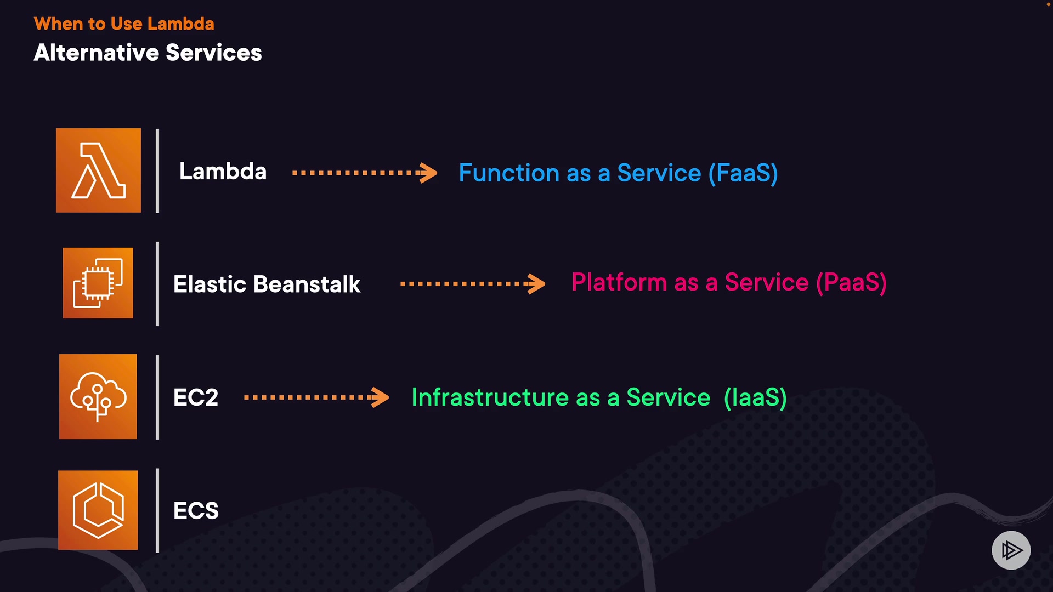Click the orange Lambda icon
pyautogui.click(x=98, y=170)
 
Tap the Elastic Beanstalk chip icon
pyautogui.click(x=98, y=283)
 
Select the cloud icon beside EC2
pyautogui.click(x=98, y=396)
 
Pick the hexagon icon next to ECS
pyautogui.click(x=98, y=510)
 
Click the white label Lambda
pyautogui.click(x=223, y=172)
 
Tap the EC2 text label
pyautogui.click(x=196, y=397)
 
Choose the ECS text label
pyautogui.click(x=196, y=511)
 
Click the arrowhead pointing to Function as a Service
pyautogui.click(x=428, y=173)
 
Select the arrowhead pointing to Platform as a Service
pyautogui.click(x=536, y=283)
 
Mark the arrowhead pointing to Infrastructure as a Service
pyautogui.click(x=380, y=397)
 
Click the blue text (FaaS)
pyautogui.click(x=743, y=173)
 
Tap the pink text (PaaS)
pyautogui.click(x=851, y=283)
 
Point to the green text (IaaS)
pyautogui.click(x=755, y=397)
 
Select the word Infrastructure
pyautogui.click(x=490, y=397)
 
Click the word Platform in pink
pyautogui.click(x=619, y=282)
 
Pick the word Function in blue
pyautogui.click(x=509, y=173)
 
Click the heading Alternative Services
pyautogui.click(x=148, y=53)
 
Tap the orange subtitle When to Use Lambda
pyautogui.click(x=124, y=24)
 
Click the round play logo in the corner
pyautogui.click(x=1011, y=550)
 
